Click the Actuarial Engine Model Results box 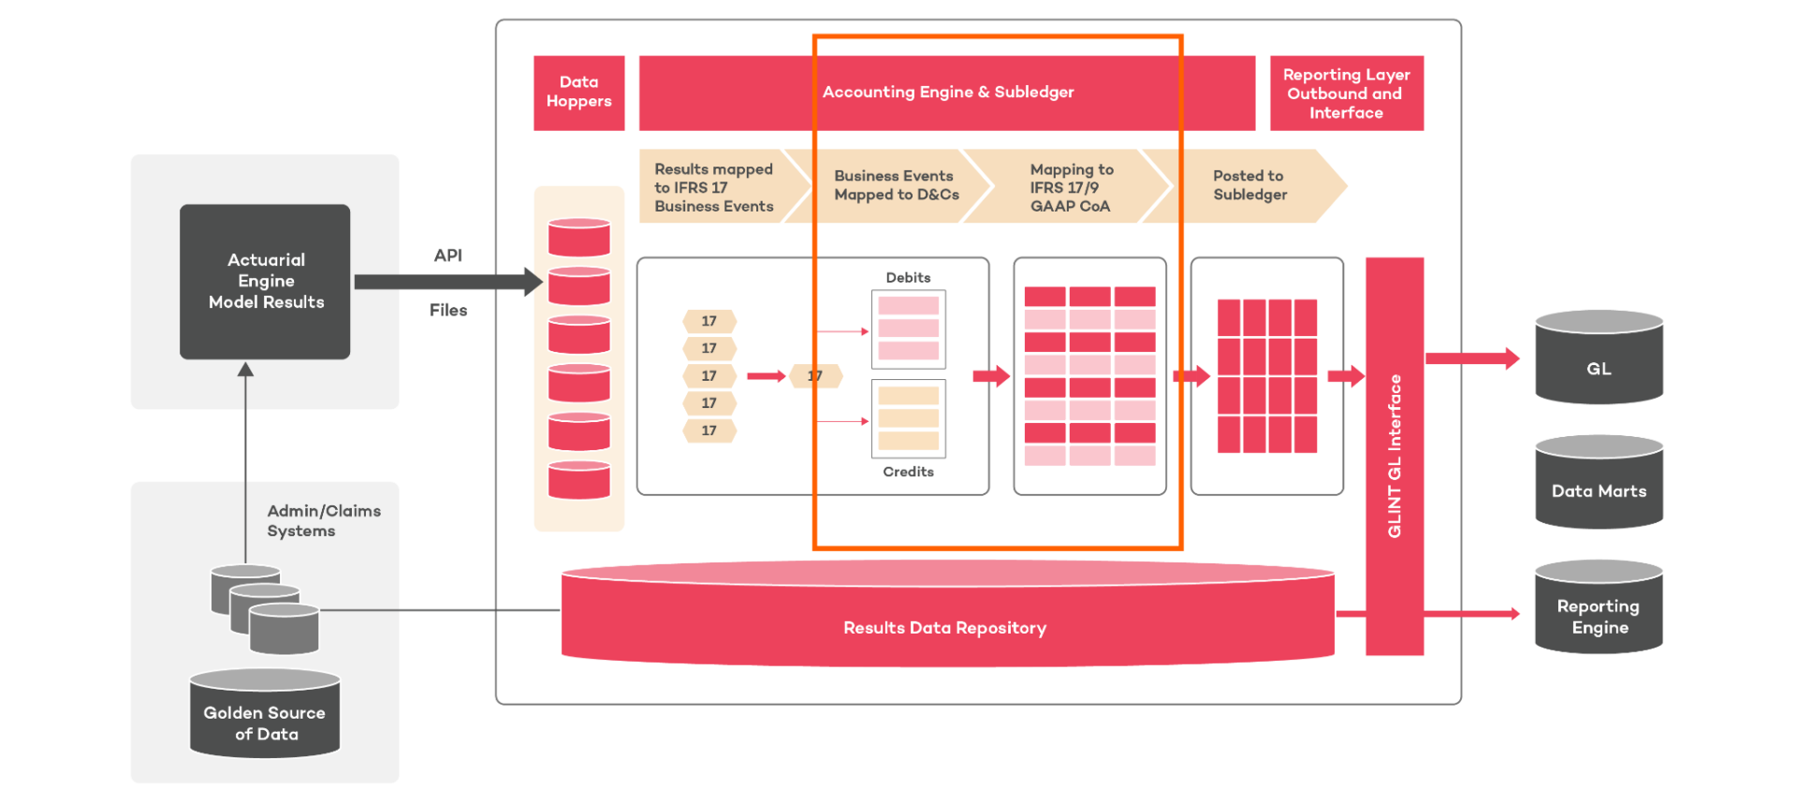coord(265,281)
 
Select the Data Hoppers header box coord(578,92)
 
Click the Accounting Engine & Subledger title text coord(947,92)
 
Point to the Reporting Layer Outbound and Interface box coord(1346,93)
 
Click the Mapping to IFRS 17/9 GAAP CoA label coord(1071,187)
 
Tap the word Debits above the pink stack coord(908,278)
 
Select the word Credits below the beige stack coord(908,472)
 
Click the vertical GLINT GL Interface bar coord(1395,456)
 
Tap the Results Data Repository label coord(944,628)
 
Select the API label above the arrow coord(448,255)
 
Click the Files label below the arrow coord(448,310)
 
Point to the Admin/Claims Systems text coord(323,520)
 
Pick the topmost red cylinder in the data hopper coord(578,238)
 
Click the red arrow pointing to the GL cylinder coord(1471,358)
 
